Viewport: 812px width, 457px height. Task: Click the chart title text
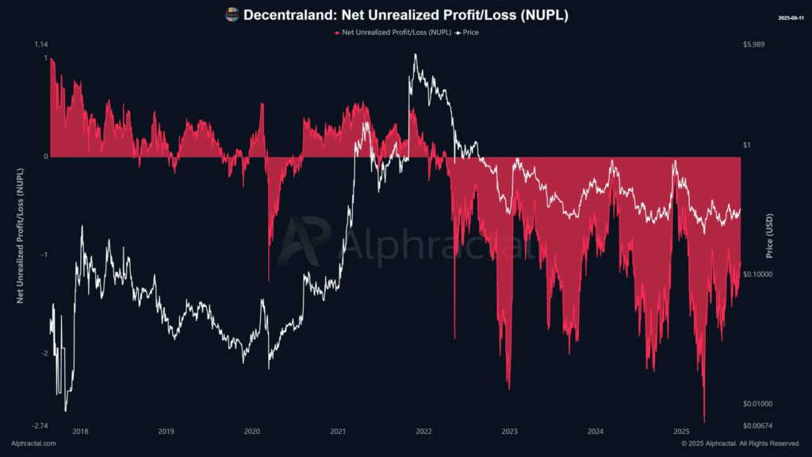405,15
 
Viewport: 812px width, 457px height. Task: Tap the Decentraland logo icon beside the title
232,14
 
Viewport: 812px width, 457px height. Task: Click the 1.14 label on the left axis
40,44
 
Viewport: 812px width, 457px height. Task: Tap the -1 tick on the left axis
44,255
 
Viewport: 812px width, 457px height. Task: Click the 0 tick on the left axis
45,156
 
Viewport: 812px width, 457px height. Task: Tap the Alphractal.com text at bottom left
34,444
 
